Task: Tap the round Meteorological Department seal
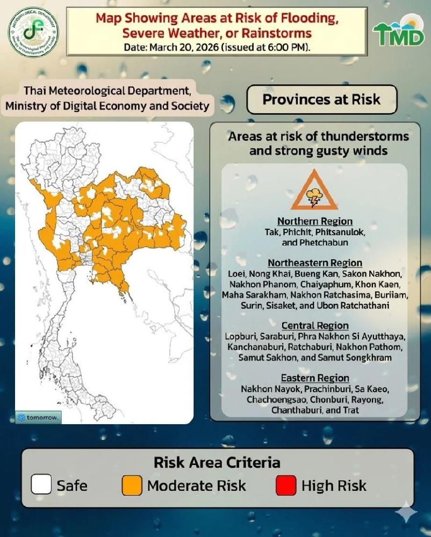click(33, 33)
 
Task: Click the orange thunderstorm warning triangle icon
click(314, 191)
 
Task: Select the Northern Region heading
click(315, 221)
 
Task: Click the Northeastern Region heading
click(315, 263)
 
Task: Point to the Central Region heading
click(315, 325)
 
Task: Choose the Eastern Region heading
click(315, 378)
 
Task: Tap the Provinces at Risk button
click(321, 99)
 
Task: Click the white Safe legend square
click(41, 486)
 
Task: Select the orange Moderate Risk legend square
click(132, 486)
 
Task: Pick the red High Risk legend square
click(286, 486)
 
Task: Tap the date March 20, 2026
click(181, 47)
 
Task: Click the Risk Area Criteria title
click(217, 462)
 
